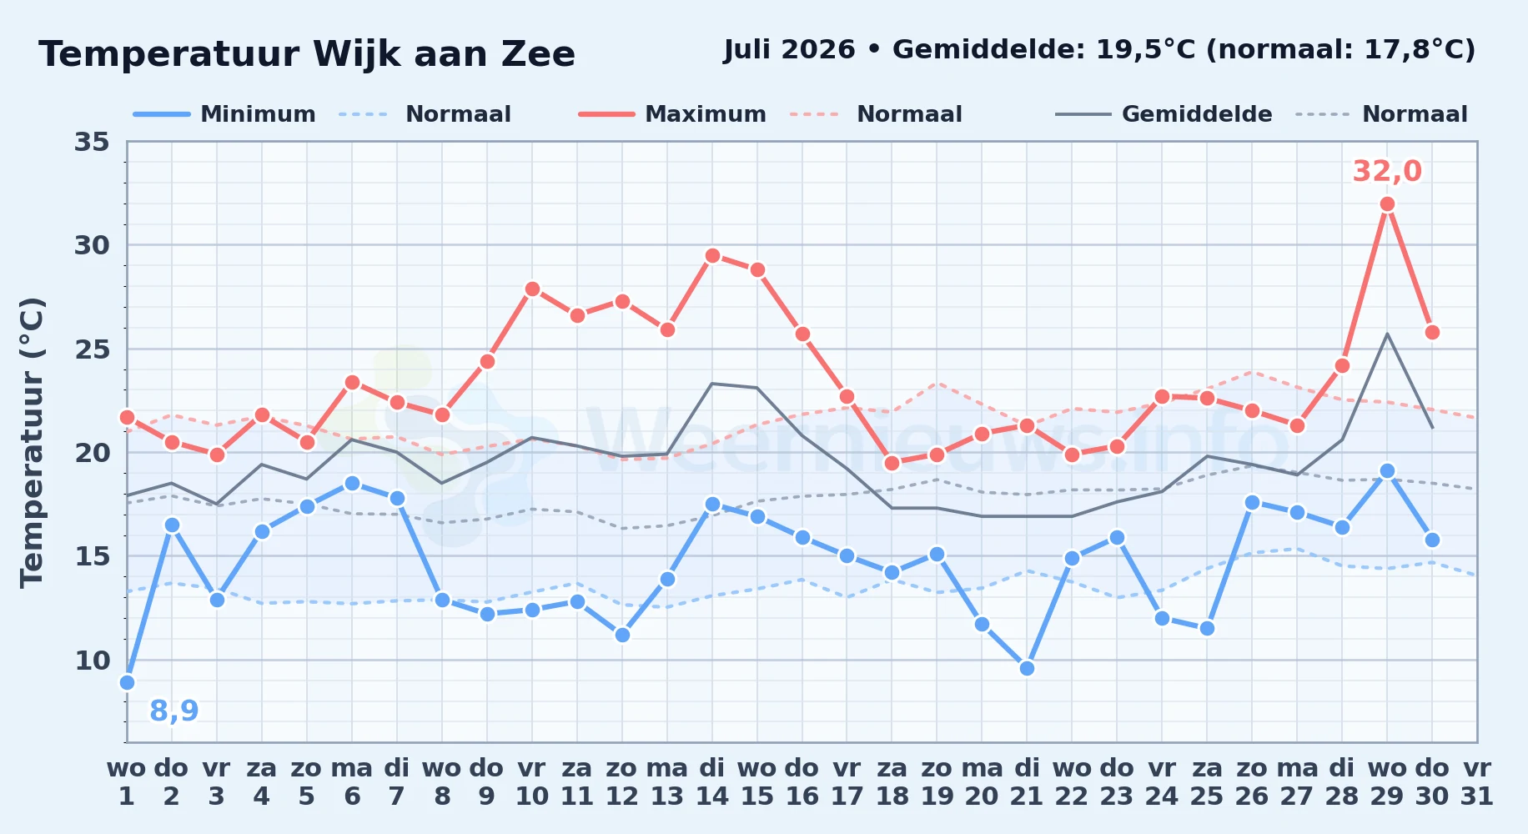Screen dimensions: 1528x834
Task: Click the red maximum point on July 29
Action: (1387, 203)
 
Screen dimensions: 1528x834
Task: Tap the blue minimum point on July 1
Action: (127, 682)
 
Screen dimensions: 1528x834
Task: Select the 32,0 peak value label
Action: (1387, 171)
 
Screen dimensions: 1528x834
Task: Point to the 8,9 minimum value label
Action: (173, 711)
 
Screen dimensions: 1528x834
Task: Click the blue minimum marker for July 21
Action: (1027, 668)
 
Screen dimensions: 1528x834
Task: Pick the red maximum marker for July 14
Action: (711, 256)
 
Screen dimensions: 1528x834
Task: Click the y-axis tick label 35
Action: (92, 142)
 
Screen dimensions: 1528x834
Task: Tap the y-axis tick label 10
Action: (92, 661)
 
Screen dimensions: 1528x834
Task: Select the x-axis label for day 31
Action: (1476, 782)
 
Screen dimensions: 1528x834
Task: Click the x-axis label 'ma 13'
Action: (666, 782)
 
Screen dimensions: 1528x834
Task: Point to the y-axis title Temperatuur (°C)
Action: (32, 442)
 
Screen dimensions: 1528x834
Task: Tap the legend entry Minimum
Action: (224, 114)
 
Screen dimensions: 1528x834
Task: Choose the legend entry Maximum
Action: (672, 114)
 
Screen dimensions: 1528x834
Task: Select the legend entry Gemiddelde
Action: (1164, 114)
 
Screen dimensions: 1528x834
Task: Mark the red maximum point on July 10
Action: (532, 289)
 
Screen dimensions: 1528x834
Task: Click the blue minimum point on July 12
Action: (621, 635)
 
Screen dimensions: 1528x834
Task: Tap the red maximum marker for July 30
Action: (1432, 332)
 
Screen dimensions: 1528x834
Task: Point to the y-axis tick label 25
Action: (92, 349)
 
